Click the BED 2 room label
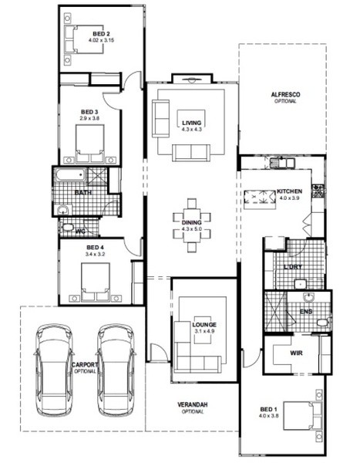pyautogui.click(x=101, y=34)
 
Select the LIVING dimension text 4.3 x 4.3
pyautogui.click(x=191, y=130)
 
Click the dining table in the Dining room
pyautogui.click(x=191, y=225)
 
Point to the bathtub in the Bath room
pyautogui.click(x=70, y=175)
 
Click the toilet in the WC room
pyautogui.click(x=67, y=228)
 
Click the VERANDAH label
pyautogui.click(x=193, y=404)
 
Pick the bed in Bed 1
pyautogui.click(x=302, y=415)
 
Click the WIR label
pyautogui.click(x=296, y=353)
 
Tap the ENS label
pyautogui.click(x=306, y=312)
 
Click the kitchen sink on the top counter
pyautogui.click(x=282, y=163)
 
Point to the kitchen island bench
pyautogui.click(x=260, y=199)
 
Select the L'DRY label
pyautogui.click(x=293, y=267)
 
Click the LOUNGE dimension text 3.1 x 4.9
pyautogui.click(x=204, y=331)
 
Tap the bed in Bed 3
pyautogui.click(x=90, y=144)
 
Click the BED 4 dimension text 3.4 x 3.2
pyautogui.click(x=95, y=254)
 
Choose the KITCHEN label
pyautogui.click(x=289, y=191)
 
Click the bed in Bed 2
pyautogui.click(x=84, y=39)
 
